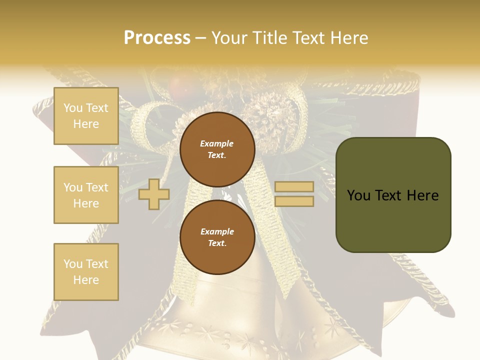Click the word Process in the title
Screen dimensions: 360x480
coord(157,38)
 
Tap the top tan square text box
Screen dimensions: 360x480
coord(86,116)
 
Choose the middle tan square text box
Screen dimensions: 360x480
coord(86,195)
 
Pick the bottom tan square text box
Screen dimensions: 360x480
coord(86,272)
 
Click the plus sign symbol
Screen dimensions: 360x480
coord(154,194)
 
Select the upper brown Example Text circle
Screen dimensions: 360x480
coord(217,149)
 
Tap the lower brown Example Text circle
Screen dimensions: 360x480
coord(217,237)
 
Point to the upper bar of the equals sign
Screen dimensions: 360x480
coord(294,186)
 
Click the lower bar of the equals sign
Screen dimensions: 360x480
coord(294,201)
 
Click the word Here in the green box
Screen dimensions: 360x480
coord(422,195)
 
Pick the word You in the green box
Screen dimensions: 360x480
coord(359,195)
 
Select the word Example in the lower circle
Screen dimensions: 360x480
coord(217,231)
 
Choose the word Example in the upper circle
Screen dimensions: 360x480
coord(217,143)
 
